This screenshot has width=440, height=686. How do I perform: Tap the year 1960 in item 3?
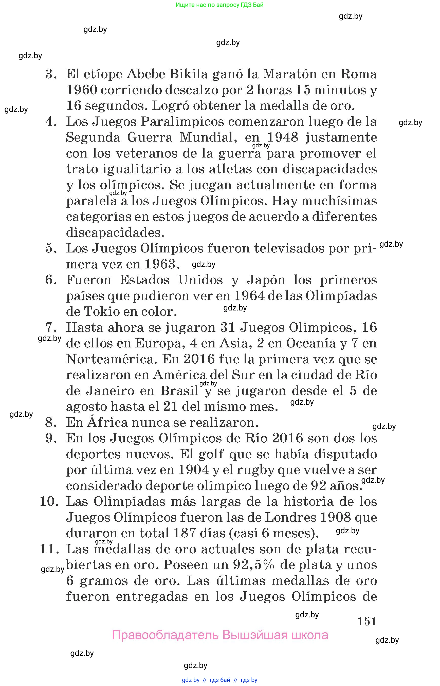82,90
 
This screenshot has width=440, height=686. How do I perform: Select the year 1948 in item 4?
283,138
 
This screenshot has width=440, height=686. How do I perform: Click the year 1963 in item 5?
160,264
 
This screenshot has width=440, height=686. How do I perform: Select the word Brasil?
179,391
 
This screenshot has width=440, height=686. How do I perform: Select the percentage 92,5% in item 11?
254,565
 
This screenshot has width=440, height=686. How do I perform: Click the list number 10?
49,502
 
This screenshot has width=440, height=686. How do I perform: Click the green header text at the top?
219,5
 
